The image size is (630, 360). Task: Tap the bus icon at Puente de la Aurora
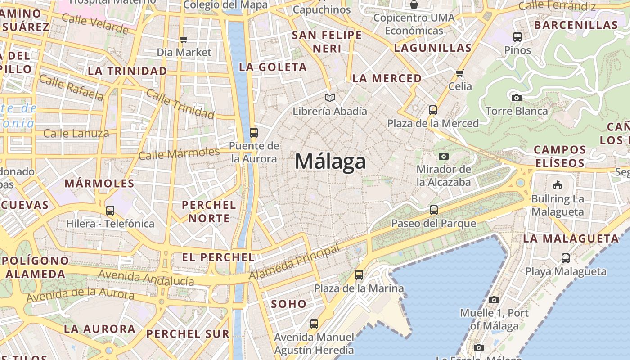[x=254, y=132]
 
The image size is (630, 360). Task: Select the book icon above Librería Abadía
[x=330, y=98]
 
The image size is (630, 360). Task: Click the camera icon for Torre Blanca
[x=517, y=98]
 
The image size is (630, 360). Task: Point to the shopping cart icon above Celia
[x=459, y=73]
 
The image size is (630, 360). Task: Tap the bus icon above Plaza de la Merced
[x=433, y=110]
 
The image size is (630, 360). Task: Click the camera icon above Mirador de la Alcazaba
[x=444, y=156]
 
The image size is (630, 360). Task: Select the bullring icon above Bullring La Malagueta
[x=557, y=185]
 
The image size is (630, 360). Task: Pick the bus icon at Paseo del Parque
[x=434, y=210]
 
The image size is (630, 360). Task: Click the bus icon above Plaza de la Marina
[x=359, y=274]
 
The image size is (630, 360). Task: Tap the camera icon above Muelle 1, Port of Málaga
[x=494, y=300]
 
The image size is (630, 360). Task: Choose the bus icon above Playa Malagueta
[x=566, y=258]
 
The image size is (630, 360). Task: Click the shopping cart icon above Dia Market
[x=184, y=39]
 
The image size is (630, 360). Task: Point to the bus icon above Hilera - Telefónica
[x=110, y=210]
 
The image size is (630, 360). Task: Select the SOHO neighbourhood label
[x=288, y=304]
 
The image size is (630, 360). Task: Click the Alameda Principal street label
[x=294, y=262]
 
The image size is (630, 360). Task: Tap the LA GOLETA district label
[x=273, y=67]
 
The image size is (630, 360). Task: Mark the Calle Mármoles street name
[x=179, y=153]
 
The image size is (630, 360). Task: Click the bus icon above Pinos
[x=517, y=37]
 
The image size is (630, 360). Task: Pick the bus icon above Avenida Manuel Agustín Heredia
[x=314, y=324]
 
